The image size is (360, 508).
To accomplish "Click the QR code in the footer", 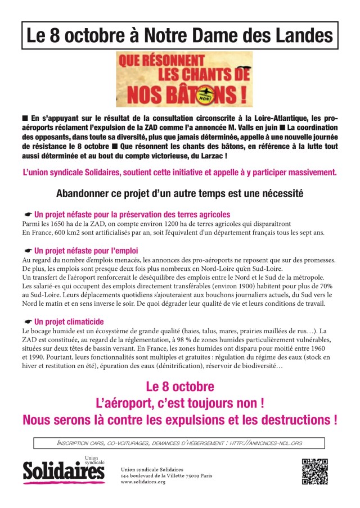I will pyautogui.click(x=314, y=471).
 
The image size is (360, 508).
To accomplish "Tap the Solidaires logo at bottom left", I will pyautogui.click(x=64, y=471).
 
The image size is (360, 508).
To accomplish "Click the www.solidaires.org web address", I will pyautogui.click(x=143, y=482).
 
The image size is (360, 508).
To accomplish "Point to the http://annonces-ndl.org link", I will pyautogui.click(x=266, y=443).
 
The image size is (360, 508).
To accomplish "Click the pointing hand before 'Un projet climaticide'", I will pyautogui.click(x=28, y=322).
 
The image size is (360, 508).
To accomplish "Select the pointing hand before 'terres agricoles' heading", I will pyautogui.click(x=28, y=215).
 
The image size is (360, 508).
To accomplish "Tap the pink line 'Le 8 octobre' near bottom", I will pyautogui.click(x=179, y=387).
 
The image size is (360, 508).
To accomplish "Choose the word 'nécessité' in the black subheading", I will pyautogui.click(x=282, y=194).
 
